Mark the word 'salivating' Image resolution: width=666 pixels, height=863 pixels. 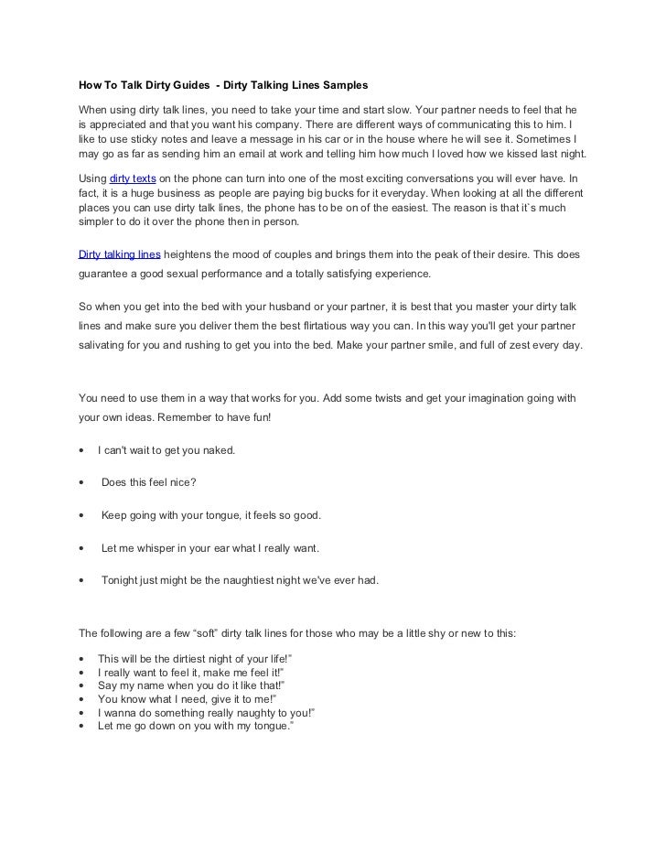pyautogui.click(x=107, y=347)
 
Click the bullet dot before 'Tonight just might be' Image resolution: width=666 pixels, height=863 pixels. pyautogui.click(x=82, y=581)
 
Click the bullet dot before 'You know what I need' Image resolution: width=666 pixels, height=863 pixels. pyautogui.click(x=82, y=698)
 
